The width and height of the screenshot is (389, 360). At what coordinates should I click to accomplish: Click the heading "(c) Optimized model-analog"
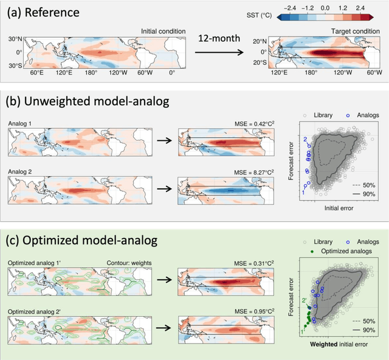82,240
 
